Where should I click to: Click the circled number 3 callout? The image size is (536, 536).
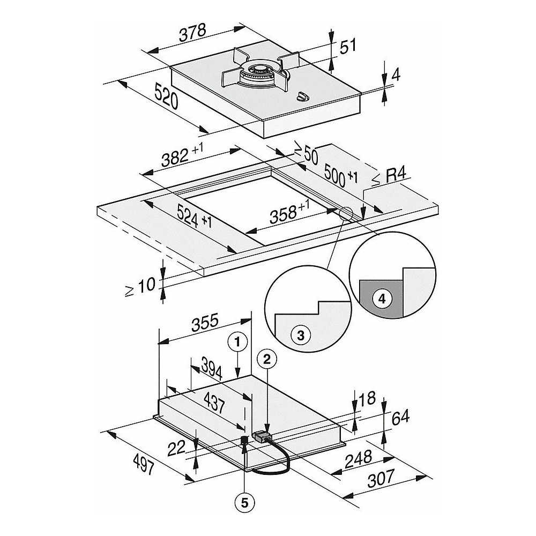(300, 336)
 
